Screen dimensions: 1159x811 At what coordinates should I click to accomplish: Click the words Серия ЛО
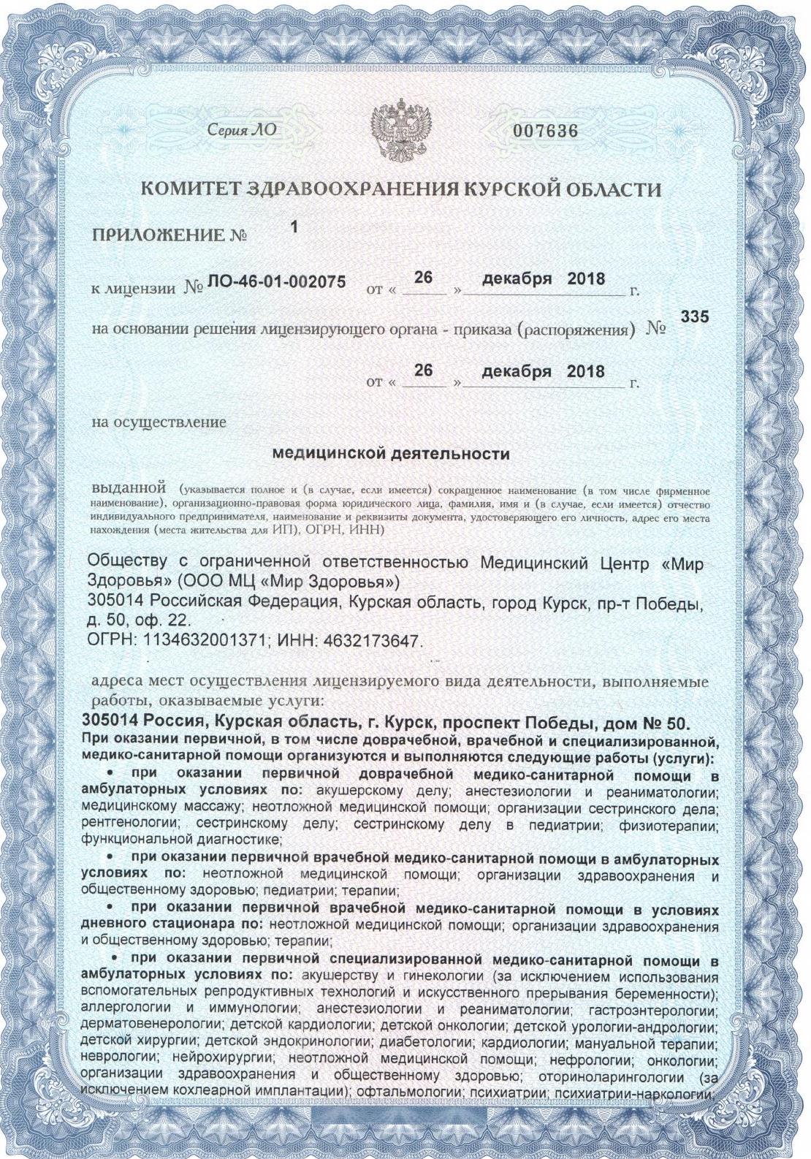coord(243,132)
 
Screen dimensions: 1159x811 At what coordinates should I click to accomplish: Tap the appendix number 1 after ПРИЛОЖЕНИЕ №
coord(294,227)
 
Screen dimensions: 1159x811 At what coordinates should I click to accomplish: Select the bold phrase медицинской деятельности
coord(390,454)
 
